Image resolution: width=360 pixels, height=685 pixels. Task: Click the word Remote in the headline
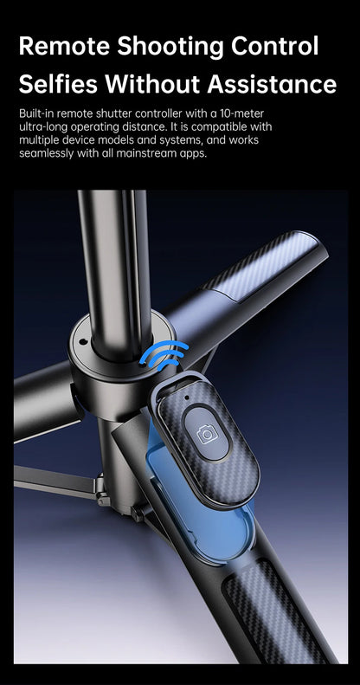pos(64,45)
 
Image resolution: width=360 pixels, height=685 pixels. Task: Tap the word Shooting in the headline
pos(170,47)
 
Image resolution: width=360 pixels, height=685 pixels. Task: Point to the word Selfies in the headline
pos(58,83)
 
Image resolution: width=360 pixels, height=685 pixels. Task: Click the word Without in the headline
pos(152,83)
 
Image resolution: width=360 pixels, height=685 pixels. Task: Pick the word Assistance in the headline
pos(272,83)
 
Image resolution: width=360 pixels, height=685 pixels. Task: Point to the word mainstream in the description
pos(157,154)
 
